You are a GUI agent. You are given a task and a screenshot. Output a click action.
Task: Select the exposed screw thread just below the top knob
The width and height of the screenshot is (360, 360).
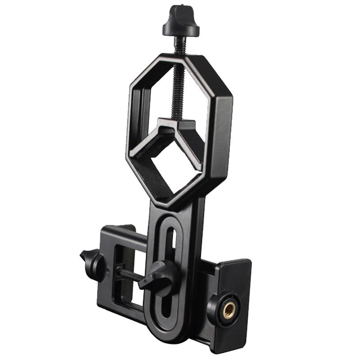coord(180,45)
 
